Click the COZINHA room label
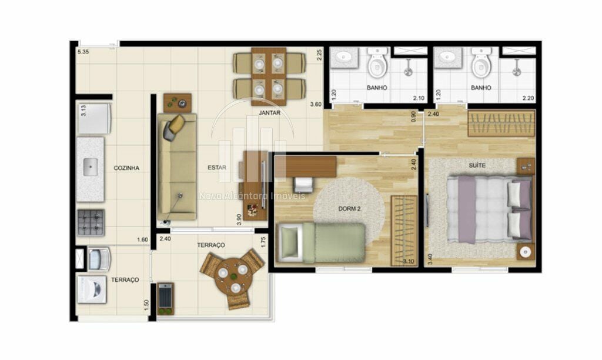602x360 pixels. pyautogui.click(x=126, y=168)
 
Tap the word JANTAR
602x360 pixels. pyautogui.click(x=269, y=112)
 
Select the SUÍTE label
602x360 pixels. pyautogui.click(x=477, y=165)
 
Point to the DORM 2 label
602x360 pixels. pyautogui.click(x=349, y=209)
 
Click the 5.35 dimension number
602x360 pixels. pyautogui.click(x=83, y=52)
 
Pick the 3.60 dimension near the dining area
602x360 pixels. pyautogui.click(x=316, y=104)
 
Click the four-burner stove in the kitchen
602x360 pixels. pyautogui.click(x=91, y=222)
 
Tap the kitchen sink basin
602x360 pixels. pyautogui.click(x=90, y=168)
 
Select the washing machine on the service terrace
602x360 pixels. pyautogui.click(x=92, y=289)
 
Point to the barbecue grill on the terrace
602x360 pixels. pyautogui.click(x=165, y=298)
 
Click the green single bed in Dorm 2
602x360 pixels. pyautogui.click(x=321, y=243)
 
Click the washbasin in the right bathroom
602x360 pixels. pyautogui.click(x=448, y=58)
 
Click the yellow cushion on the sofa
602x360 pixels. pyautogui.click(x=178, y=122)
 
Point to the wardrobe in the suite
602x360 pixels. pyautogui.click(x=501, y=123)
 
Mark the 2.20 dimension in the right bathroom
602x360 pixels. pyautogui.click(x=528, y=98)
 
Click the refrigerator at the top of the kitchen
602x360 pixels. pyautogui.click(x=94, y=117)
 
